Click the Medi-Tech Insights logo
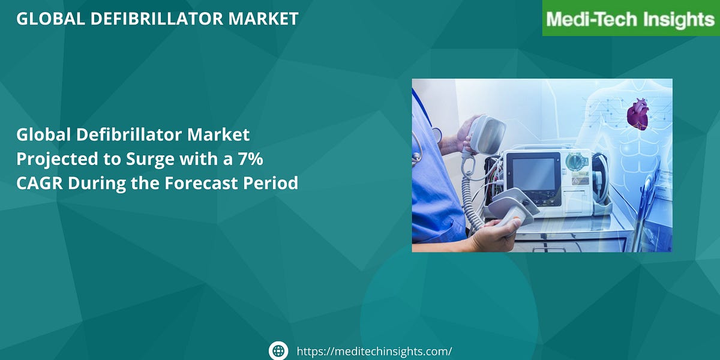631,19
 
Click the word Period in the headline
272,183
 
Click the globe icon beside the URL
278,351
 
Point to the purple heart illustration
637,115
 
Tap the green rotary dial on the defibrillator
575,162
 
